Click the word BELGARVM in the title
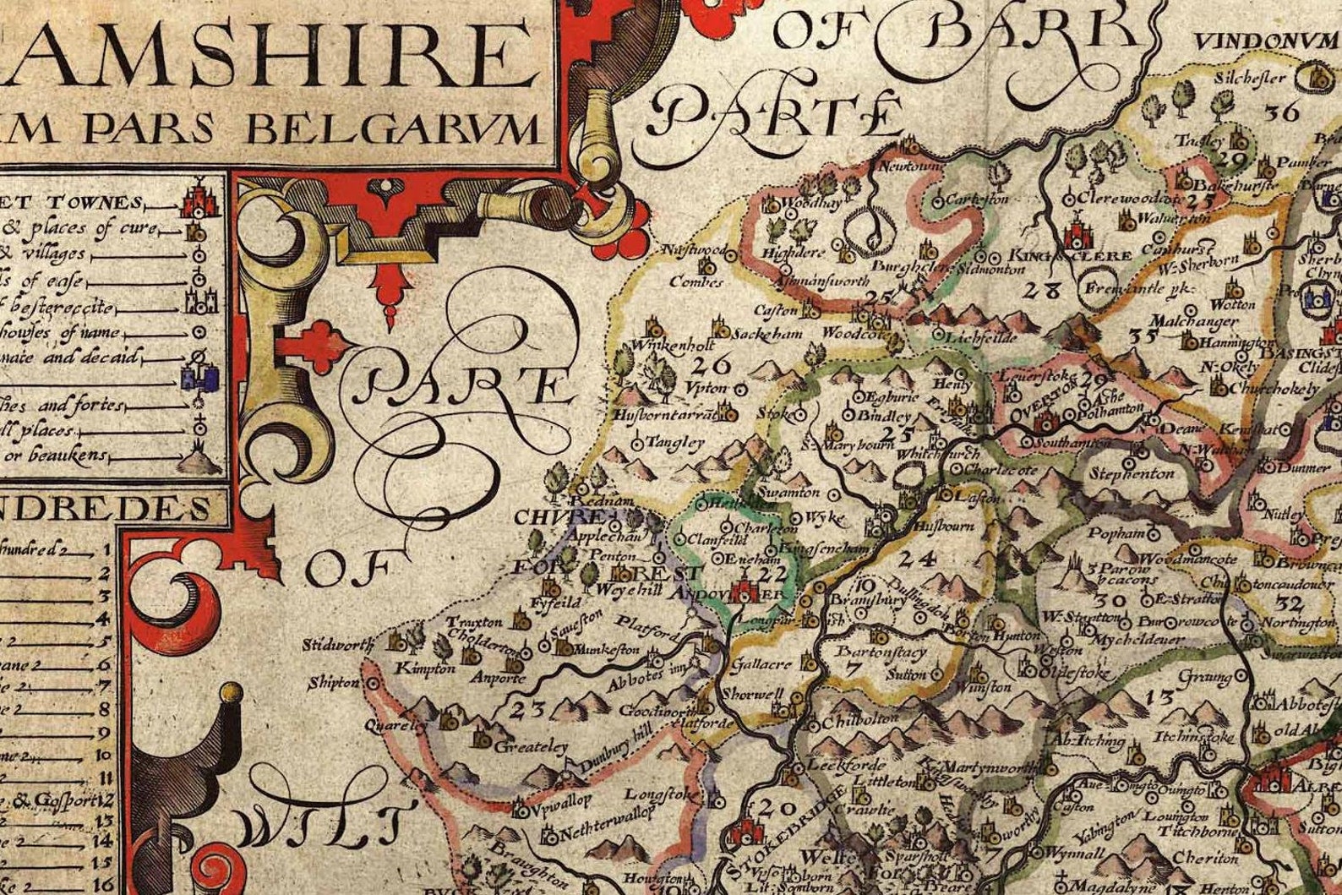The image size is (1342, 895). (x=393, y=129)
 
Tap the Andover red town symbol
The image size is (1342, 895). (x=745, y=588)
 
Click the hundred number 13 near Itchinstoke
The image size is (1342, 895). (x=1161, y=696)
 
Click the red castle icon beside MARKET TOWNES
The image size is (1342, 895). (x=199, y=199)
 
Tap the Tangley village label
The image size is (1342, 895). (x=674, y=442)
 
